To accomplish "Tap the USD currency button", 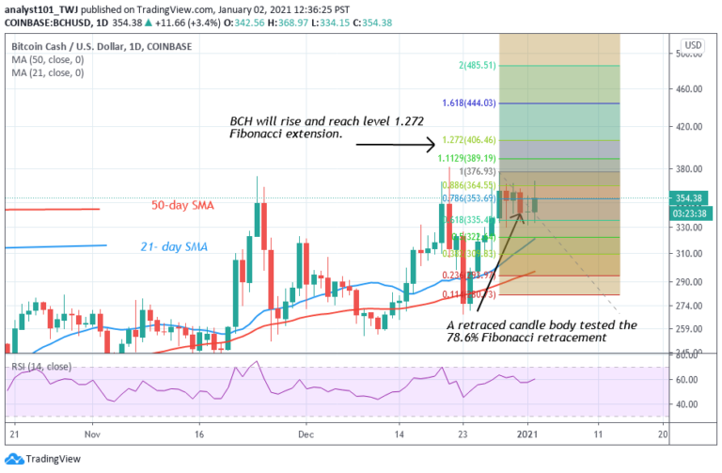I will tap(694, 45).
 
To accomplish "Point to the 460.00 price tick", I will tap(692, 89).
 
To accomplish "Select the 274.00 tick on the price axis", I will tap(692, 307).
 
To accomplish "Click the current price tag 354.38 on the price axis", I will tap(694, 197).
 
